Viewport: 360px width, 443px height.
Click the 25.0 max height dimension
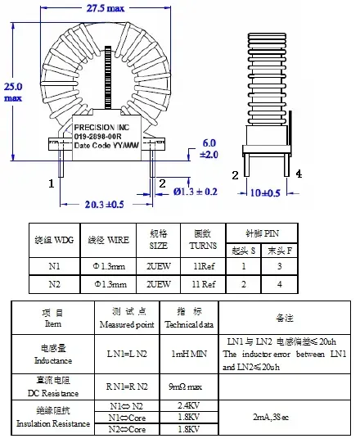coord(14,91)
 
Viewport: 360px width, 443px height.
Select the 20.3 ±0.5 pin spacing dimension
coord(105,205)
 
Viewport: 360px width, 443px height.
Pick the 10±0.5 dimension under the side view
coord(265,192)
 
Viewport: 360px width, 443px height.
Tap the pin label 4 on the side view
coord(299,174)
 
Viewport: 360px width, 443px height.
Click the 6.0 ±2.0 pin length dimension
coord(209,148)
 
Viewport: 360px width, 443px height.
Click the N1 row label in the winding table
coord(53,265)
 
